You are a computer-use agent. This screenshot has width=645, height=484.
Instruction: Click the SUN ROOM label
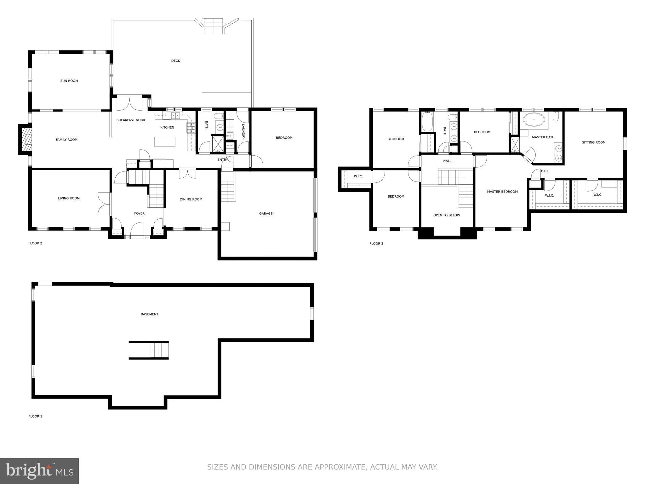pyautogui.click(x=69, y=81)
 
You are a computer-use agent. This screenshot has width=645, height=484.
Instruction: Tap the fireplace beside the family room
pyautogui.click(x=25, y=139)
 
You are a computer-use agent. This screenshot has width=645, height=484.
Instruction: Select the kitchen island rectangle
pyautogui.click(x=165, y=142)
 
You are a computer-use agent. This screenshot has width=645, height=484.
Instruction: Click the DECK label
pyautogui.click(x=175, y=61)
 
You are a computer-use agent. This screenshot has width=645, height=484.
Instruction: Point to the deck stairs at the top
pyautogui.click(x=213, y=26)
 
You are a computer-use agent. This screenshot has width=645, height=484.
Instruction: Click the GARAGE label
pyautogui.click(x=266, y=214)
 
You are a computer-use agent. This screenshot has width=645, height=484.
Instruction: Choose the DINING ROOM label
pyautogui.click(x=191, y=199)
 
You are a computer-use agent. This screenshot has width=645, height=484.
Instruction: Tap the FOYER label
pyautogui.click(x=139, y=214)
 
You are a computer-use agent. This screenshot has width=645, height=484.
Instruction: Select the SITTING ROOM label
pyautogui.click(x=594, y=142)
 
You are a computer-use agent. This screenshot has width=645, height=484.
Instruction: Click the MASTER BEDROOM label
pyautogui.click(x=502, y=192)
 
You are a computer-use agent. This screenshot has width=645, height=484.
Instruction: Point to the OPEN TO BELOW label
pyautogui.click(x=447, y=215)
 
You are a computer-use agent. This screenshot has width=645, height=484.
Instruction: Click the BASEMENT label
pyautogui.click(x=150, y=314)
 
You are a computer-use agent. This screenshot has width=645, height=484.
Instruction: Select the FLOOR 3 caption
pyautogui.click(x=376, y=244)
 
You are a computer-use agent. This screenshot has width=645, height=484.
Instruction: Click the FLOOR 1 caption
pyautogui.click(x=35, y=416)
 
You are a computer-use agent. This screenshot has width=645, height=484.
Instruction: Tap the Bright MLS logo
pyautogui.click(x=39, y=471)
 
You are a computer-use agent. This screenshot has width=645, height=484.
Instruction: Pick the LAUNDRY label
pyautogui.click(x=243, y=131)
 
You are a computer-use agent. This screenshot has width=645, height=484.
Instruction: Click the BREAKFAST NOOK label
pyautogui.click(x=131, y=120)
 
